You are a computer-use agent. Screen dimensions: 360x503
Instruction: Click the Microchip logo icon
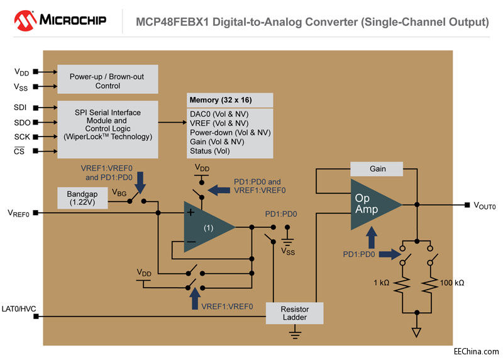click(x=24, y=20)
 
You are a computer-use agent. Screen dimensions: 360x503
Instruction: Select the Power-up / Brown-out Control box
click(x=108, y=80)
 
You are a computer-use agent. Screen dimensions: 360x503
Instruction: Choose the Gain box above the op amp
click(x=377, y=169)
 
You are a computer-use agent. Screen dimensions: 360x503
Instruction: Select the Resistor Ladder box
click(x=294, y=313)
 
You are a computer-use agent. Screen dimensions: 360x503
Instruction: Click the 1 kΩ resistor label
click(x=381, y=283)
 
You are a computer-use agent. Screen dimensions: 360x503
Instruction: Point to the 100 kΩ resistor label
click(x=451, y=283)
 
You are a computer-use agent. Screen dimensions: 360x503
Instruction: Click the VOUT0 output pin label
click(x=484, y=206)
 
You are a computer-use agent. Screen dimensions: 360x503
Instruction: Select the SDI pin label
click(x=20, y=108)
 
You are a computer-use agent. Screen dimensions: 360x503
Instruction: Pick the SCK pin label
click(x=20, y=137)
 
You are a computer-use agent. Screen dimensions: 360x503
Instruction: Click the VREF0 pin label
click(x=19, y=213)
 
